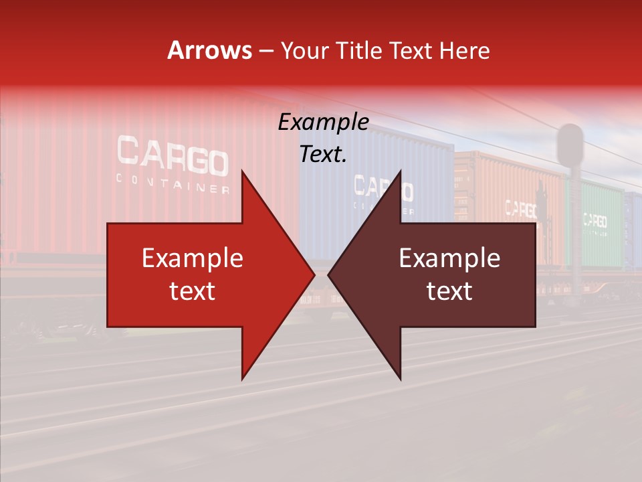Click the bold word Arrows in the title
pos(210,51)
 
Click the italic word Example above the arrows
pos(323,123)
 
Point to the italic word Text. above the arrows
pos(323,155)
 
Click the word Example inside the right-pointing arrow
pos(193,258)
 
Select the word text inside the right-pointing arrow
pos(193,291)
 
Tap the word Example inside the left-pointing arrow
pos(449,258)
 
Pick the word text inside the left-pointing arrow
pos(449,291)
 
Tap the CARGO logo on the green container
pos(595,220)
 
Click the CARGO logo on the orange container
pos(521,209)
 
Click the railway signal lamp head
pos(570,144)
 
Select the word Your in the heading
pos(303,51)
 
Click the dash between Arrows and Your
pos(265,51)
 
